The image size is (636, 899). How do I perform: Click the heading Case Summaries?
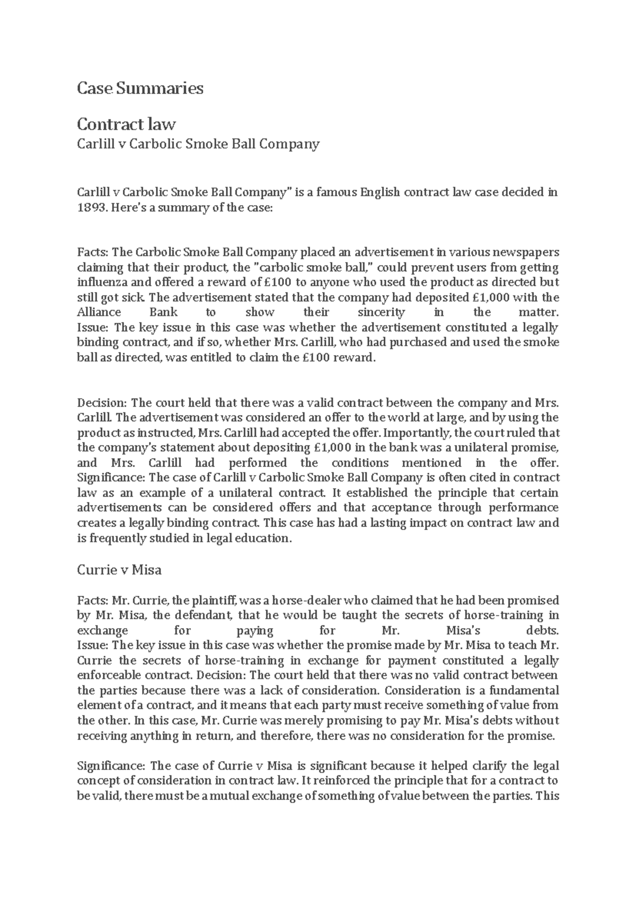point(140,88)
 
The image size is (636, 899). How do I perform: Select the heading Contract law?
point(126,124)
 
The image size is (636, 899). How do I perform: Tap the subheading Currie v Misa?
point(119,570)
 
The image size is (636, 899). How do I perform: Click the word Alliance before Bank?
point(99,312)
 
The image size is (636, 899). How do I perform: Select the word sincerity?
point(382,312)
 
